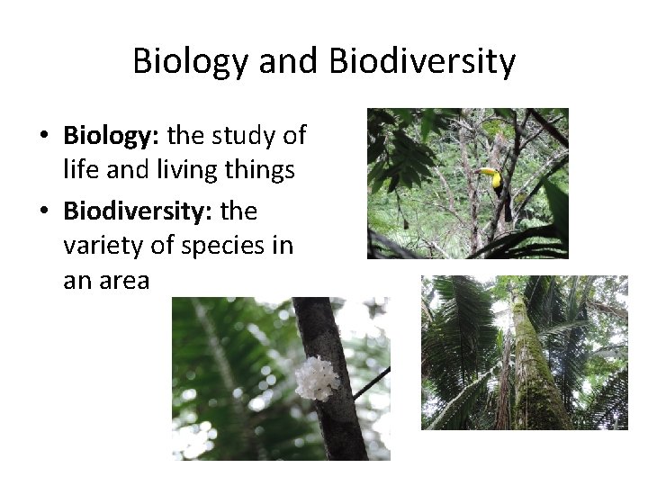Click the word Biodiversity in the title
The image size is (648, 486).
[423, 62]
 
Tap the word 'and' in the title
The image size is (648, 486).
[290, 62]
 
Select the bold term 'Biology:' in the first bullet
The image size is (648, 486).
[112, 136]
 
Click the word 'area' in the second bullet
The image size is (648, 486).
[125, 281]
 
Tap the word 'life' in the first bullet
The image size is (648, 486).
[79, 170]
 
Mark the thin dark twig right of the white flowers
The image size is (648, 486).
[371, 382]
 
